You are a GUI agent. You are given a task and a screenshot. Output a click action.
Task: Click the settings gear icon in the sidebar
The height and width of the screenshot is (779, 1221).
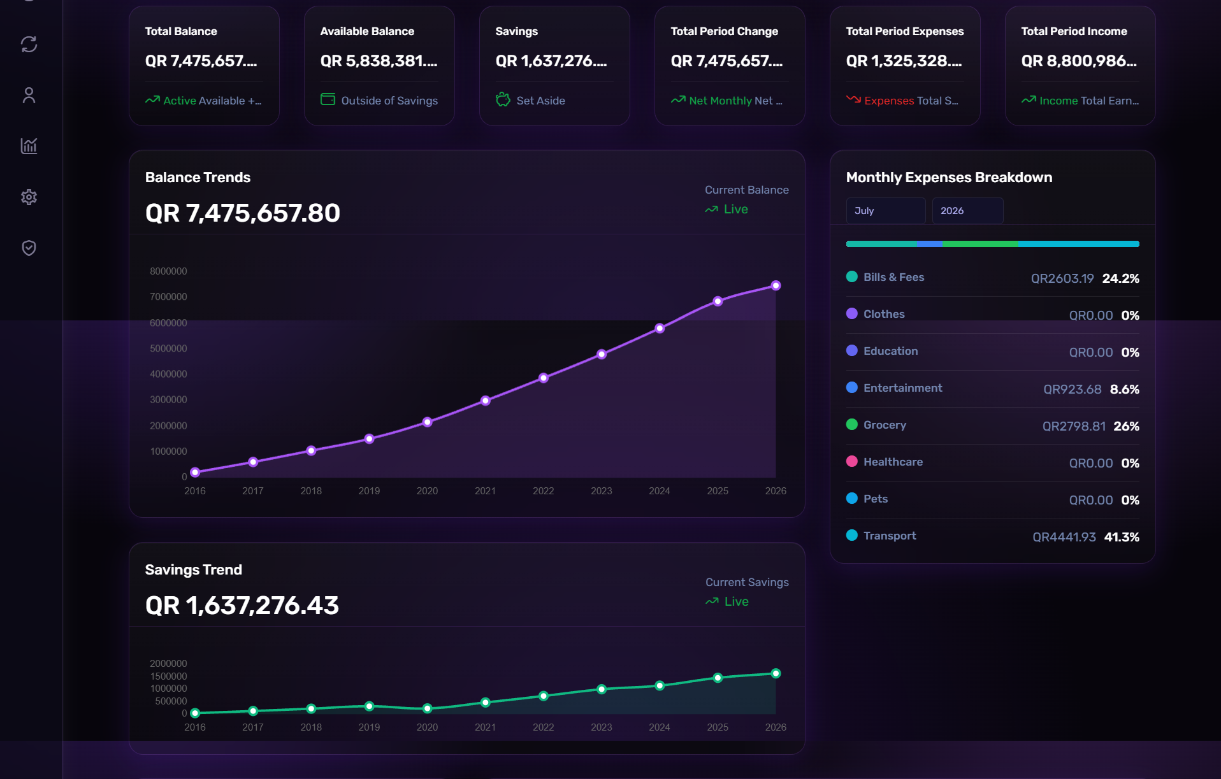tap(29, 197)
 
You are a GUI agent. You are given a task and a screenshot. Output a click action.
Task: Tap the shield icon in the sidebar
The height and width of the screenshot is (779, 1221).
tap(29, 248)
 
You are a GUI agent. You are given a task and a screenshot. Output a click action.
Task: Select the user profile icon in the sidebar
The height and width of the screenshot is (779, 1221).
tap(29, 95)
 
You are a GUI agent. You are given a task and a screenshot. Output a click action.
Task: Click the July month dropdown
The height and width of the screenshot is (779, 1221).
tap(885, 211)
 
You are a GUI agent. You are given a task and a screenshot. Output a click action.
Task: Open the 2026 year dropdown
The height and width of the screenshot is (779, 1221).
tap(967, 211)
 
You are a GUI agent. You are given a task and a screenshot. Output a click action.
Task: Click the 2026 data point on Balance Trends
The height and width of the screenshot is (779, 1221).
tap(776, 285)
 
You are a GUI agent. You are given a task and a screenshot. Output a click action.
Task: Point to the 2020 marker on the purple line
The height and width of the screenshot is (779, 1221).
tap(427, 422)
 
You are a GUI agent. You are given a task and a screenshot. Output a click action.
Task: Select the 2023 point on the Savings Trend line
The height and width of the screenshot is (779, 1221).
tap(602, 689)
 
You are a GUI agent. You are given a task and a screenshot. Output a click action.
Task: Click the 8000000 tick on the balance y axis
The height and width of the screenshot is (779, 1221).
tap(168, 271)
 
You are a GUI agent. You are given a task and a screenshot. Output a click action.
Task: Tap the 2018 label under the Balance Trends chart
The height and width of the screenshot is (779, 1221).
tap(311, 490)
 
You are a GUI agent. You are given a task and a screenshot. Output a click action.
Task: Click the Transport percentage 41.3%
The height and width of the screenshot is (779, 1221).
tap(1122, 537)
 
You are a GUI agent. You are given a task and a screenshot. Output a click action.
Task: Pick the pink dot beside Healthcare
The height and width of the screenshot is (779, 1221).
tap(851, 461)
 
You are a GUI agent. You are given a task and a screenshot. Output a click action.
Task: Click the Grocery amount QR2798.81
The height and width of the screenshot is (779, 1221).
tap(1074, 426)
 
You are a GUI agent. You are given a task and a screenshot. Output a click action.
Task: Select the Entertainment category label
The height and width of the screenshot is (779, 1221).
tap(902, 388)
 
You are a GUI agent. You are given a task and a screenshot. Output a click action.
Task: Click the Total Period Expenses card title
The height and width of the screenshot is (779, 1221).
tap(904, 31)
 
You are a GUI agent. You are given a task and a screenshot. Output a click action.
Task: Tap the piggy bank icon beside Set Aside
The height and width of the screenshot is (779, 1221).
tap(503, 99)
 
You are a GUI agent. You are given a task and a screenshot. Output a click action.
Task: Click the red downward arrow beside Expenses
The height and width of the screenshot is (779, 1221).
tap(853, 99)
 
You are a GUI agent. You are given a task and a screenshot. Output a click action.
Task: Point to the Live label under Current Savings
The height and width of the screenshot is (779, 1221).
tap(736, 601)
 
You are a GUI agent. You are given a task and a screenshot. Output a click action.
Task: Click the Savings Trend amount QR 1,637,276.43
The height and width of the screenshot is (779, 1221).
tap(242, 605)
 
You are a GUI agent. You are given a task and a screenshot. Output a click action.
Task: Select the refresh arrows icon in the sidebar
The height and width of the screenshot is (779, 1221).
tap(29, 44)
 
